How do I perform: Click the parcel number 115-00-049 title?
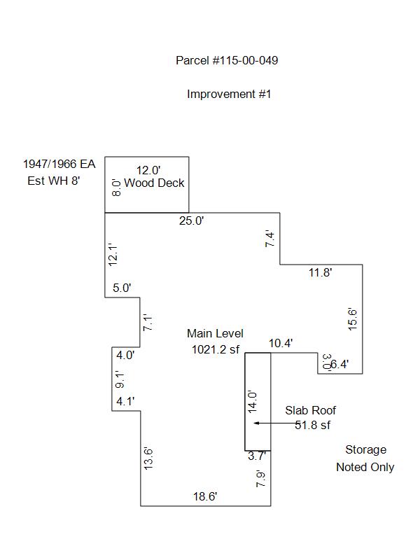point(227,61)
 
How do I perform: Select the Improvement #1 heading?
point(228,94)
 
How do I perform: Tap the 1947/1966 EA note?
point(59,164)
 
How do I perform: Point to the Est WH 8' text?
point(55,181)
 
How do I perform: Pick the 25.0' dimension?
point(191,221)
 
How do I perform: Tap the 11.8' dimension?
point(320,273)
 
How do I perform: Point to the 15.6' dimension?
point(353,319)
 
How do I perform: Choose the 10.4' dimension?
point(281,343)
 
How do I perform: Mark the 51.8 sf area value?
point(311,424)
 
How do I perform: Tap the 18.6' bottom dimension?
point(205,496)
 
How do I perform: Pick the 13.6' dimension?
point(148,458)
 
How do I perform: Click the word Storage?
point(365,450)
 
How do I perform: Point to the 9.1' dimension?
point(120,380)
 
